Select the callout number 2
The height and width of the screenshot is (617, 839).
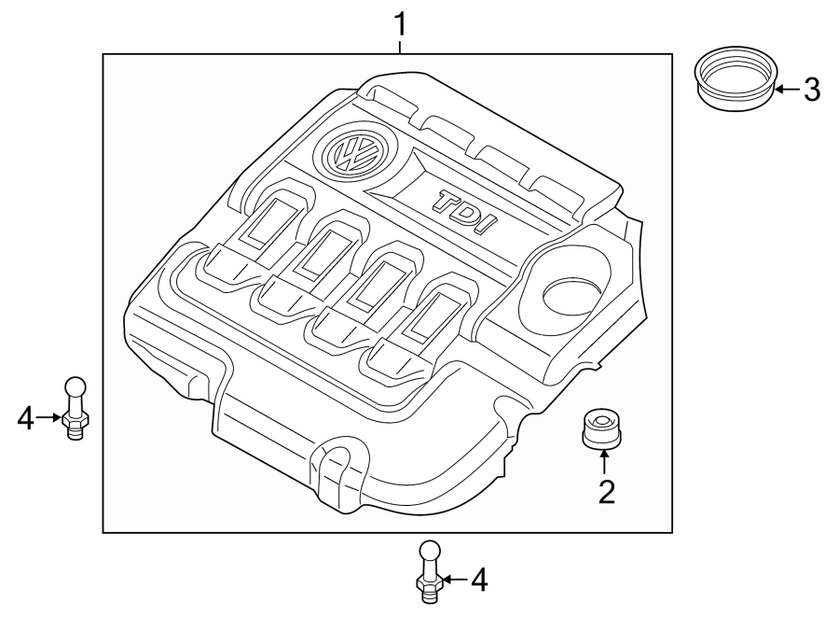pos(606,490)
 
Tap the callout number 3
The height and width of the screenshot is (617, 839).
pos(811,90)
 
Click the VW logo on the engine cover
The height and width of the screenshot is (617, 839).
pos(351,153)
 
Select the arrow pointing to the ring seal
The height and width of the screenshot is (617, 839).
pos(785,90)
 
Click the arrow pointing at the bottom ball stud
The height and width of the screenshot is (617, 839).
pos(451,581)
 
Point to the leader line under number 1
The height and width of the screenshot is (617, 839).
pos(401,45)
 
